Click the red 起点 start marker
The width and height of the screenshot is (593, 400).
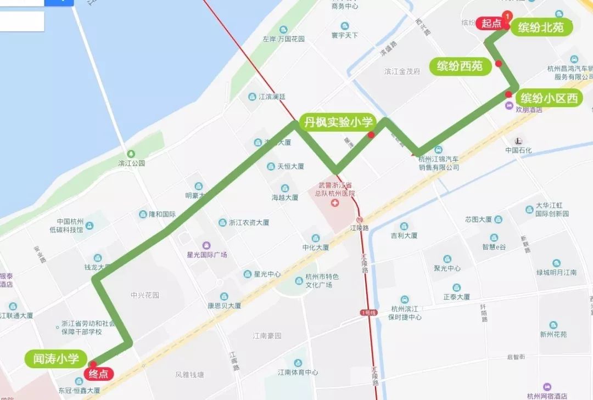pos(492,23)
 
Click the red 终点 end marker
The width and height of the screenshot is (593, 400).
pos(99,374)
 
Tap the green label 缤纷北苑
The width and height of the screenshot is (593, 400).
pos(541,27)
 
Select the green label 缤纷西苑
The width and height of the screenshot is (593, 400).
pos(460,66)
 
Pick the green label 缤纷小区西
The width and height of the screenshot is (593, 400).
pos(549,98)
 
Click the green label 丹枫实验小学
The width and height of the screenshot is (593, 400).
pos(338,122)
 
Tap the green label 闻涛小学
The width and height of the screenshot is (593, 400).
pos(56,359)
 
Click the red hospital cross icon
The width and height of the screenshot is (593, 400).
pos(335,204)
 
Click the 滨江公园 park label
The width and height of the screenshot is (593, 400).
pos(131,163)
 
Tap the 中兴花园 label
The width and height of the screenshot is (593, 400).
pos(145,295)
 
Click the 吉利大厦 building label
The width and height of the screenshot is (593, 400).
pos(404,235)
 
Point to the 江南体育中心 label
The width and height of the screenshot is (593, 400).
pos(298,372)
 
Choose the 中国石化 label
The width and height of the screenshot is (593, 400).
pos(519,150)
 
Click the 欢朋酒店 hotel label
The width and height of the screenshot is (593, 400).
pos(528,109)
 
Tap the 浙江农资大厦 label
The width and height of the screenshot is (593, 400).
pos(249,223)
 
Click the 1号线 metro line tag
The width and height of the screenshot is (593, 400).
pos(368,312)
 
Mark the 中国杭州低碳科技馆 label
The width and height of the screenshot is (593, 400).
pos(66,226)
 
